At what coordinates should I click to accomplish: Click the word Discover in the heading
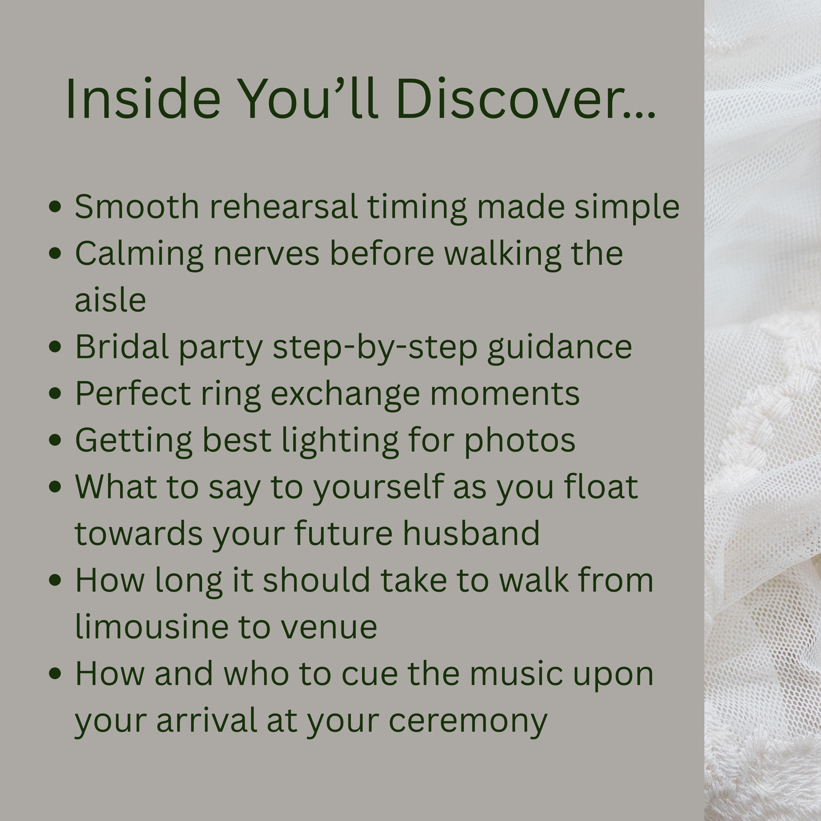(526, 99)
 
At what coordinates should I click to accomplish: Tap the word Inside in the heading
(143, 99)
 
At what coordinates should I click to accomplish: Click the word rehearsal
(284, 207)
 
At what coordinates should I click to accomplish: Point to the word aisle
(111, 300)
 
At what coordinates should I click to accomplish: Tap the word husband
(471, 533)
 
